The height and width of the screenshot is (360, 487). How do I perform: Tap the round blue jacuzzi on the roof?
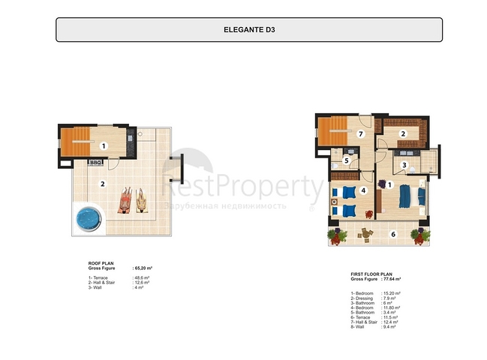(89, 219)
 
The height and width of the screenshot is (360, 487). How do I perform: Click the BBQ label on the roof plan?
(95, 161)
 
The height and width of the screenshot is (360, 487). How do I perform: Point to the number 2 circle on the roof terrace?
(104, 183)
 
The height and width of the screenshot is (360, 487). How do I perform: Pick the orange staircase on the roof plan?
(76, 142)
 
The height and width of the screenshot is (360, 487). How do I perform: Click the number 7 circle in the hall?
(360, 134)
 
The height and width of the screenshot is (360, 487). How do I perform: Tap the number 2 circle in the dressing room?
(402, 134)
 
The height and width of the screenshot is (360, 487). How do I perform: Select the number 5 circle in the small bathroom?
(347, 160)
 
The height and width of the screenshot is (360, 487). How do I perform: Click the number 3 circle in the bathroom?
(403, 165)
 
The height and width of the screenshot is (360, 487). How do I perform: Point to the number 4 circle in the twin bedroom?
(363, 190)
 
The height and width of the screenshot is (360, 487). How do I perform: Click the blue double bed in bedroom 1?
(406, 195)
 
